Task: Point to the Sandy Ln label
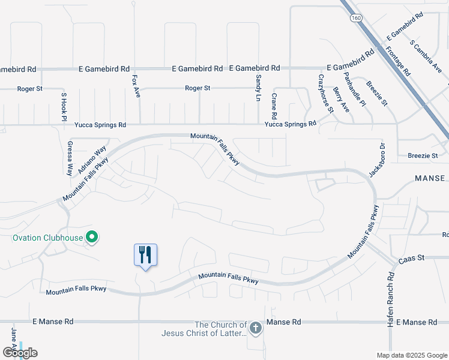(x=259, y=88)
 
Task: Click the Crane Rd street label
(x=274, y=106)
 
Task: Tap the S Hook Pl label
(x=63, y=107)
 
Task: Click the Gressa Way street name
(x=70, y=158)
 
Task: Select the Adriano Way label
(x=92, y=160)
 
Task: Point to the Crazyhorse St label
(x=325, y=94)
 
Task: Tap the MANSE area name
(x=430, y=178)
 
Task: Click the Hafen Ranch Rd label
(x=390, y=299)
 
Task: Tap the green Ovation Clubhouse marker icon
(x=92, y=238)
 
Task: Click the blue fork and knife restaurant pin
(x=145, y=255)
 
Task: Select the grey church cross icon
(x=256, y=328)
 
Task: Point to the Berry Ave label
(x=340, y=99)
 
